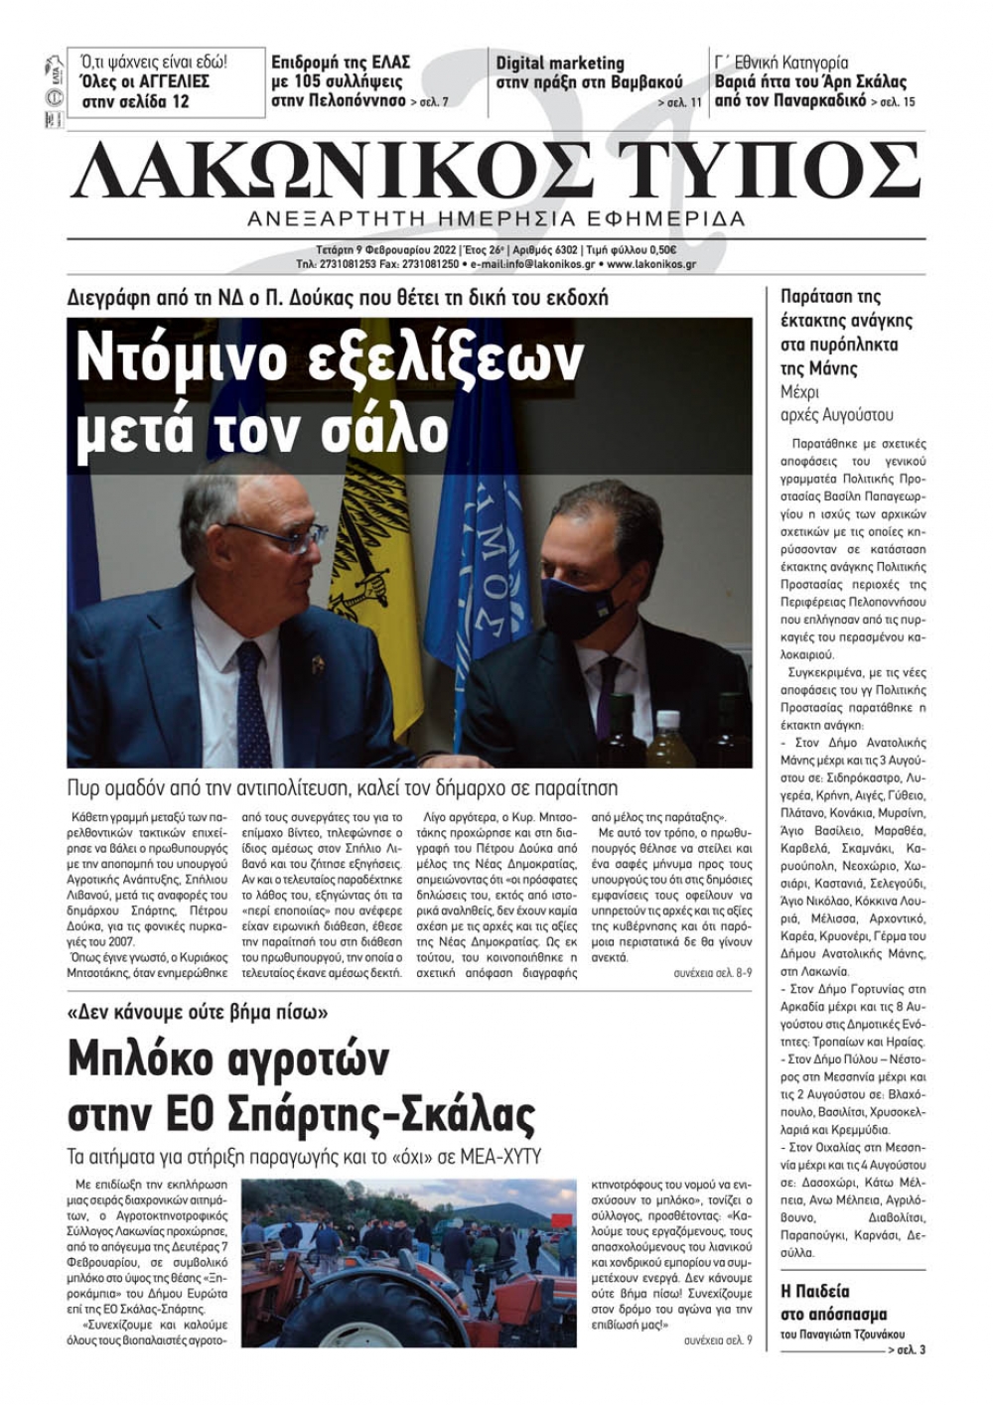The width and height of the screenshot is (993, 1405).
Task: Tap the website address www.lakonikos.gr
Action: (x=650, y=265)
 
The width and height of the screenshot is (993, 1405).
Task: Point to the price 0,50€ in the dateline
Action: (x=659, y=249)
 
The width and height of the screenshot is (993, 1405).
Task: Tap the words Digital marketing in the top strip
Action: (x=560, y=63)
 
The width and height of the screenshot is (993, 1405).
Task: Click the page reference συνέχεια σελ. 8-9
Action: (x=712, y=974)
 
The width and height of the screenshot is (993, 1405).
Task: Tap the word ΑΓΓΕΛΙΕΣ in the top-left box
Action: (x=169, y=81)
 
